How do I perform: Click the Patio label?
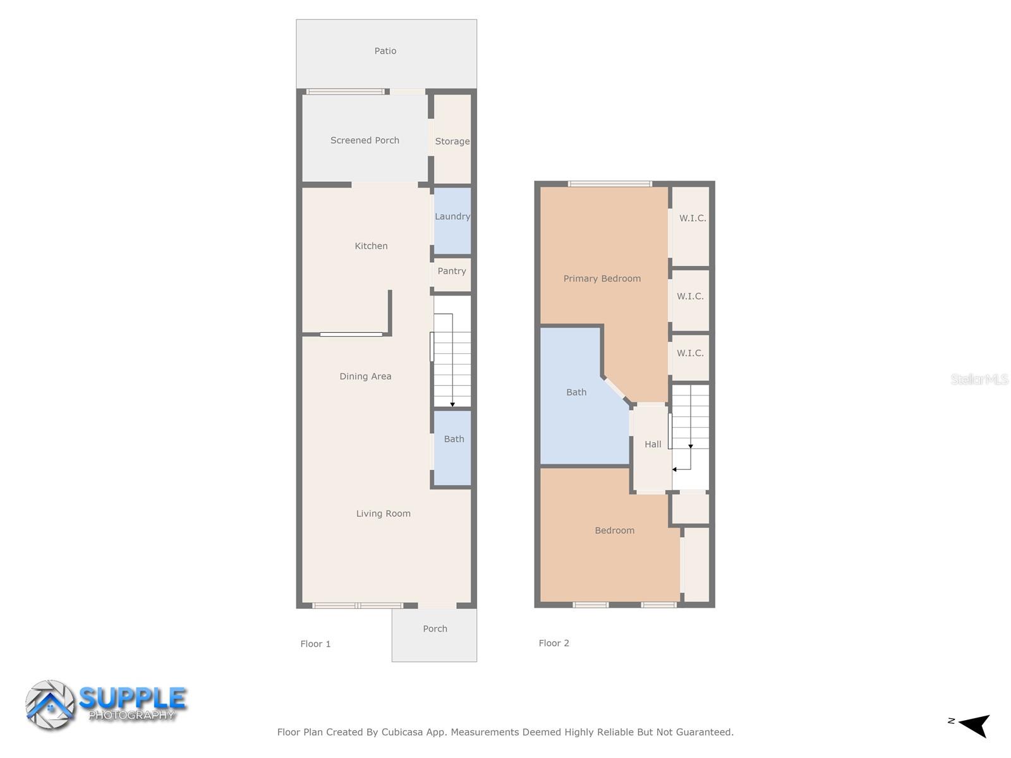(385, 51)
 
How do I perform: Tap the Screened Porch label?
(365, 140)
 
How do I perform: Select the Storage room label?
(452, 141)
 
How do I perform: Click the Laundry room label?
(452, 217)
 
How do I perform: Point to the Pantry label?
(452, 271)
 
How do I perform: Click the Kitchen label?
(371, 246)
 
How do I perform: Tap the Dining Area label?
(365, 376)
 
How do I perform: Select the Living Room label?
(383, 514)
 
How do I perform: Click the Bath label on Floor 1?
(454, 439)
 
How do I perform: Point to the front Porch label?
(435, 629)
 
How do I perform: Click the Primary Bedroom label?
(602, 279)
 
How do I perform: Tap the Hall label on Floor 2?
(653, 445)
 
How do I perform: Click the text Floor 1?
(315, 644)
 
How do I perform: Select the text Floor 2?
(554, 643)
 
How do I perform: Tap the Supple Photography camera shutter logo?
(49, 705)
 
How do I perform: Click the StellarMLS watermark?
(979, 379)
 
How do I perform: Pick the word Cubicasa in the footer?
(402, 732)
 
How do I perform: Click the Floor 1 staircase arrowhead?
(452, 404)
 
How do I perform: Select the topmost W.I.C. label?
(693, 219)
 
